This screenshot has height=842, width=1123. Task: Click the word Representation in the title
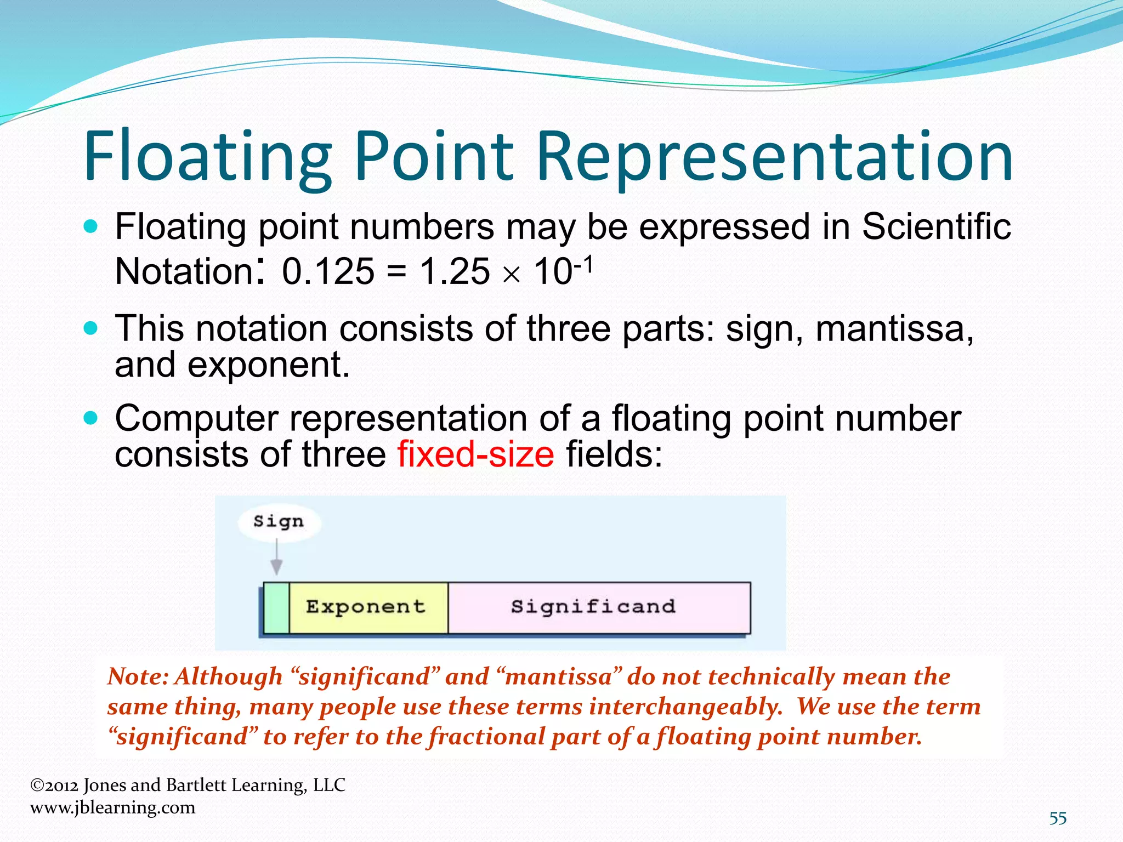(x=774, y=156)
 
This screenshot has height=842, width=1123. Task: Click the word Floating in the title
(x=207, y=156)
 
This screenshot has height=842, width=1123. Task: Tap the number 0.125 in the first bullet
(x=328, y=271)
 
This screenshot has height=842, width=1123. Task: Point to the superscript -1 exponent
(x=583, y=266)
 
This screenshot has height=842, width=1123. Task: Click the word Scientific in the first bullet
(x=936, y=226)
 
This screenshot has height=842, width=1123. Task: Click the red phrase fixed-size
(x=476, y=454)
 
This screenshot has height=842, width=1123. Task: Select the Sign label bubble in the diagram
(x=279, y=521)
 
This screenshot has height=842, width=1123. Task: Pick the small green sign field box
(x=276, y=608)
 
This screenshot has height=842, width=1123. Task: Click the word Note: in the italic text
(x=138, y=676)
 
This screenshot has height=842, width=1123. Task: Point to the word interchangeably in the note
(x=685, y=707)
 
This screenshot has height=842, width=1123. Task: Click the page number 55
(x=1058, y=818)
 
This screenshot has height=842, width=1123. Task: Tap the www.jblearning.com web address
(x=112, y=807)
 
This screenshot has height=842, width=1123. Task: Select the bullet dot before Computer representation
(x=91, y=419)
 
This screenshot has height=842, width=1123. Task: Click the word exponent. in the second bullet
(x=269, y=365)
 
